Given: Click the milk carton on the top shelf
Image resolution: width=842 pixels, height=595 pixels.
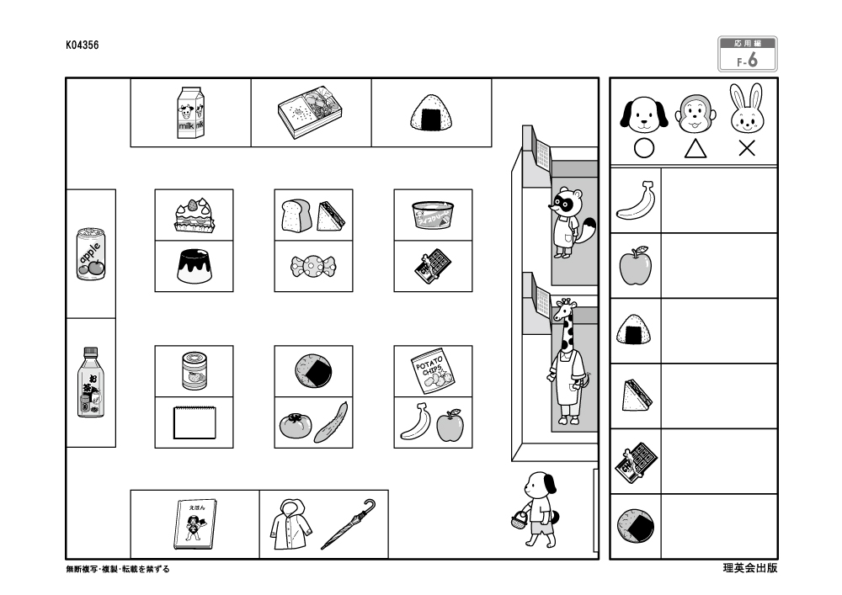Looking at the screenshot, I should coord(190,112).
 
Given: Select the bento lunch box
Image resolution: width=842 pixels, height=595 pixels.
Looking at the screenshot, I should coord(311,113).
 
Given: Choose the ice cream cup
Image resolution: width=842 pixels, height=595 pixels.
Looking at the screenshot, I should coord(434,215).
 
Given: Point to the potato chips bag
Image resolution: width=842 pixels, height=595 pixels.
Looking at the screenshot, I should coord(432,371).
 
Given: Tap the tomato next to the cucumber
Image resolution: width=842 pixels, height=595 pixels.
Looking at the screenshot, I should coord(295,427).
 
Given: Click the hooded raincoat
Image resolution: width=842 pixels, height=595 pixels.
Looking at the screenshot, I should coord(291,524).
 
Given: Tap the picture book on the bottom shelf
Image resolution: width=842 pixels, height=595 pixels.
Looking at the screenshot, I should coord(195,524).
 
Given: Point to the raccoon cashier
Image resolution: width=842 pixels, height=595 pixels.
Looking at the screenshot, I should coord(568,223).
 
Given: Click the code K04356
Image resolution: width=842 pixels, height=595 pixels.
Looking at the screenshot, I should coord(83,47).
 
